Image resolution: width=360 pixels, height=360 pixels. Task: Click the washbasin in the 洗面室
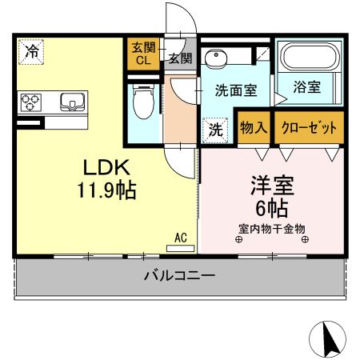[x=216, y=58]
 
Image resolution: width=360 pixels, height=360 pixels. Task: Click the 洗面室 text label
[x=236, y=90]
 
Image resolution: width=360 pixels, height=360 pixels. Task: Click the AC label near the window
[x=181, y=237]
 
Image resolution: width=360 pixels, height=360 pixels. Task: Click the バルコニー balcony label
[x=179, y=277]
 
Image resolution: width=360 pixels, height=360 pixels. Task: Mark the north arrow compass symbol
[x=328, y=339]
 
